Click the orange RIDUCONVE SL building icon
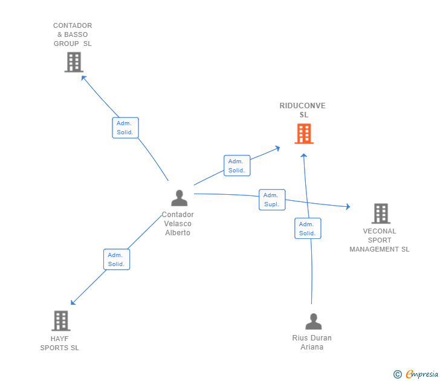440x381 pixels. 304,134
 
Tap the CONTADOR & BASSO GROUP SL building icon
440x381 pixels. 74,62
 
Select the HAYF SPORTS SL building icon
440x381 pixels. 61,321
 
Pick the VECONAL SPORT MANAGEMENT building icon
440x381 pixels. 381,213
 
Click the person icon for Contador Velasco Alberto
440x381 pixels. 180,198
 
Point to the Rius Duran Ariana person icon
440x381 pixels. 314,321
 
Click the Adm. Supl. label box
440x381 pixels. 272,200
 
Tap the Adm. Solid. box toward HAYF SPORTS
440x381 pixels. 117,259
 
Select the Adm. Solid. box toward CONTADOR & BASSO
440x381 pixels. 125,128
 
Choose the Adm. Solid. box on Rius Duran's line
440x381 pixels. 308,228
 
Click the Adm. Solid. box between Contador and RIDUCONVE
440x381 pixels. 237,166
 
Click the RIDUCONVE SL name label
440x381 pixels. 302,110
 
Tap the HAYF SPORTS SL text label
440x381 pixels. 59,343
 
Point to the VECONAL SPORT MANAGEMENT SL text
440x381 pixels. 380,240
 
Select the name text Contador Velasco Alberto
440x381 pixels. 178,224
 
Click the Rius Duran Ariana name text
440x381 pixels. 312,342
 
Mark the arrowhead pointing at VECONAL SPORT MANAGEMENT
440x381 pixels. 348,207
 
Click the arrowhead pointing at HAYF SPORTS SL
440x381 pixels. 73,302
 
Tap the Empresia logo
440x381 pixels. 422,374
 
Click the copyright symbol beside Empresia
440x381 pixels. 397,374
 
